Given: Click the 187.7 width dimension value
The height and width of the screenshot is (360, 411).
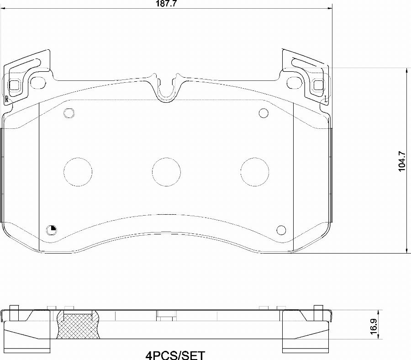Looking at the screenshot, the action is pyautogui.click(x=166, y=4).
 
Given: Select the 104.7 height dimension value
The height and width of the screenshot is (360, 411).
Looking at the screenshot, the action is pyautogui.click(x=402, y=162).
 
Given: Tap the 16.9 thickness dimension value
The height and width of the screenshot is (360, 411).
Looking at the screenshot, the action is pyautogui.click(x=374, y=326).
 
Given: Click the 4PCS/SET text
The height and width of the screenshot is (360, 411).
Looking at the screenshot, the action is pyautogui.click(x=175, y=355).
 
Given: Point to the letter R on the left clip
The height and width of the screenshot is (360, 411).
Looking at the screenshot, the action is pyautogui.click(x=6, y=99).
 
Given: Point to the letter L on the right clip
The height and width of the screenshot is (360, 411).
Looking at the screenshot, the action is pyautogui.click(x=326, y=99).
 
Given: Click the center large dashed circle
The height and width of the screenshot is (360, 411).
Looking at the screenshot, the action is pyautogui.click(x=166, y=172).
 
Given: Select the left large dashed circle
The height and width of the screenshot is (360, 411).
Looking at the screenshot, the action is pyautogui.click(x=78, y=172).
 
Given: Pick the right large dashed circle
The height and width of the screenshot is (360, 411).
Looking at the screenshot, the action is pyautogui.click(x=255, y=172).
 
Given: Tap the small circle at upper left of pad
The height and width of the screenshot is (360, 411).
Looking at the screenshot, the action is pyautogui.click(x=69, y=113).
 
